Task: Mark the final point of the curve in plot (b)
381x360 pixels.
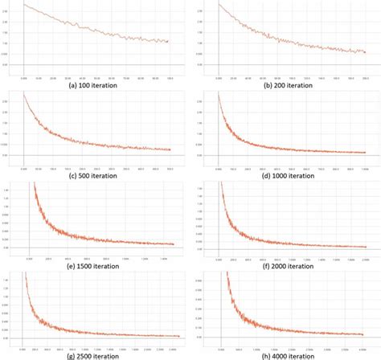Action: pyautogui.click(x=364, y=51)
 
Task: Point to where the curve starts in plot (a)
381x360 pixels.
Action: pyautogui.click(x=24, y=4)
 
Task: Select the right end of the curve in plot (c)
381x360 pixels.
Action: pyautogui.click(x=170, y=149)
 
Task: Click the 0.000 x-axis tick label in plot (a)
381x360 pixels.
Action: pyautogui.click(x=24, y=78)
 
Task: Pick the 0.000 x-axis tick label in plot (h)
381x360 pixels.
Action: pyautogui.click(x=222, y=347)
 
